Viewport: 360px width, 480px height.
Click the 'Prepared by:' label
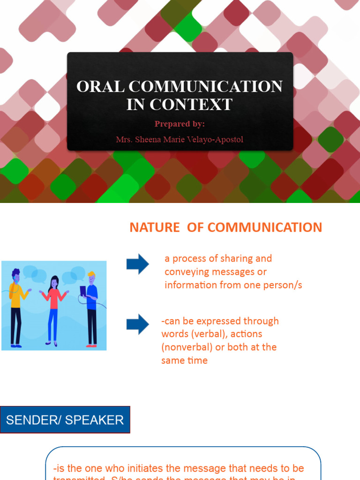click(x=180, y=124)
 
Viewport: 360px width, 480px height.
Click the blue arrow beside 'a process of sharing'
click(x=137, y=264)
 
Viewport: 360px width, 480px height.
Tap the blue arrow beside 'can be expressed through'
click(x=137, y=324)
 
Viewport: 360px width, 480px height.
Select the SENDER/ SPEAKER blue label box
click(x=65, y=420)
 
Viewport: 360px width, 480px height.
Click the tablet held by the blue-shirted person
click(x=83, y=291)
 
